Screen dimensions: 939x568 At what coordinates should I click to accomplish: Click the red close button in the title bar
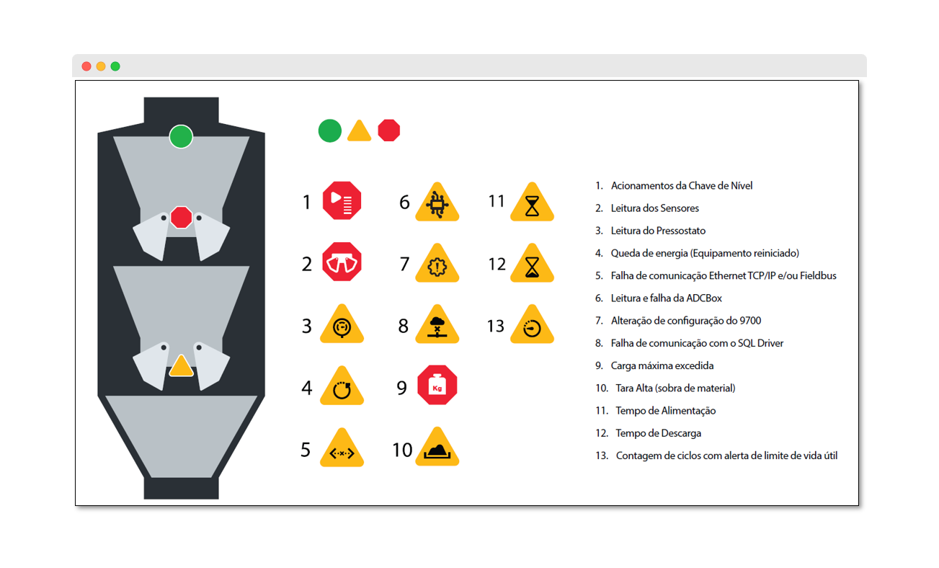pyautogui.click(x=86, y=66)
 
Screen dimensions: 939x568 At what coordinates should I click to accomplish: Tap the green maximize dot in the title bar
pyautogui.click(x=115, y=66)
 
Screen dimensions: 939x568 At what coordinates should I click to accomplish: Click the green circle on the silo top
pyautogui.click(x=181, y=137)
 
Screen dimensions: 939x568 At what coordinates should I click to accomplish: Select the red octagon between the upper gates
pyautogui.click(x=181, y=217)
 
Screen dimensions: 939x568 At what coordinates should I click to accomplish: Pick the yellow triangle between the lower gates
pyautogui.click(x=181, y=366)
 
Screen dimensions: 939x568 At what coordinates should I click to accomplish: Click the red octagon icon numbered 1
pyautogui.click(x=342, y=200)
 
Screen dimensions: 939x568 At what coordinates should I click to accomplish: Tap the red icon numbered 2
pyautogui.click(x=342, y=262)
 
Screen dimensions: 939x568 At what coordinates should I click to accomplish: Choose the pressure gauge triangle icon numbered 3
pyautogui.click(x=342, y=325)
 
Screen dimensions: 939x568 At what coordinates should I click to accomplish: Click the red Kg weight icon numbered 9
pyautogui.click(x=437, y=385)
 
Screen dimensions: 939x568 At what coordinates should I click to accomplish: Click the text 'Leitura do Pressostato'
pyautogui.click(x=658, y=231)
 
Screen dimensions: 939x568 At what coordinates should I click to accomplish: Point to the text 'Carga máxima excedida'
pyautogui.click(x=662, y=365)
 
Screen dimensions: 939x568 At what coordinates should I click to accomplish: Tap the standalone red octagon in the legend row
pyautogui.click(x=389, y=130)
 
